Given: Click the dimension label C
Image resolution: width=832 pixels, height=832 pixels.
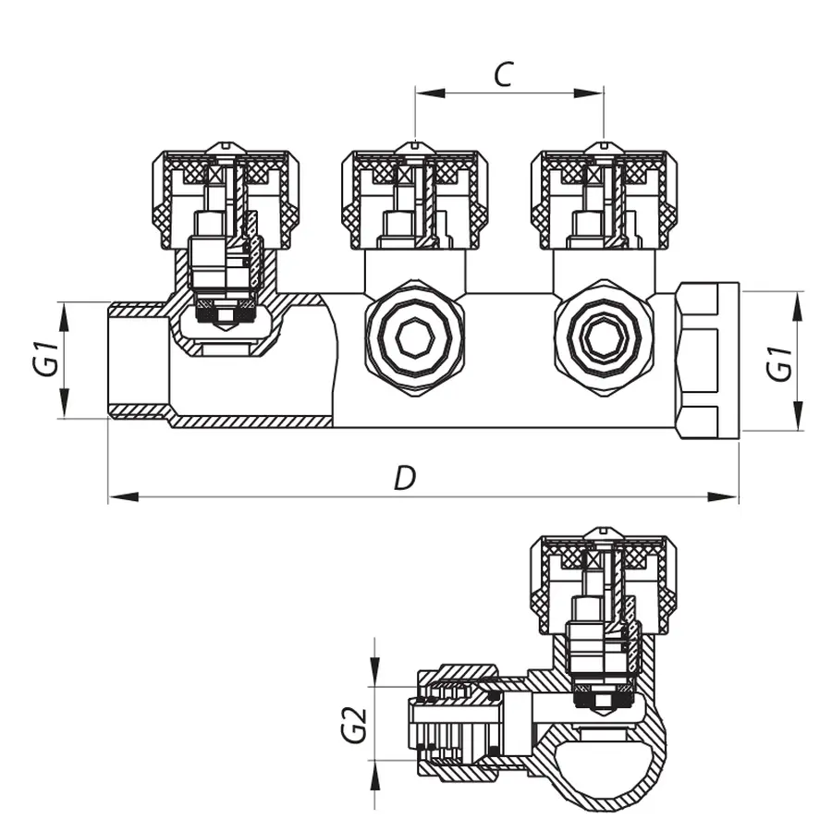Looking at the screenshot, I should [502, 74].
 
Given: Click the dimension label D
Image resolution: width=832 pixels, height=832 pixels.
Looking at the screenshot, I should [404, 477].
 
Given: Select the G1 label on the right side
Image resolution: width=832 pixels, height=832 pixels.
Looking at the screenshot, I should [781, 362].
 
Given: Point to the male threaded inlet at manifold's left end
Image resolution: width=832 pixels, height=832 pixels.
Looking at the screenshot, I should [139, 361].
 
